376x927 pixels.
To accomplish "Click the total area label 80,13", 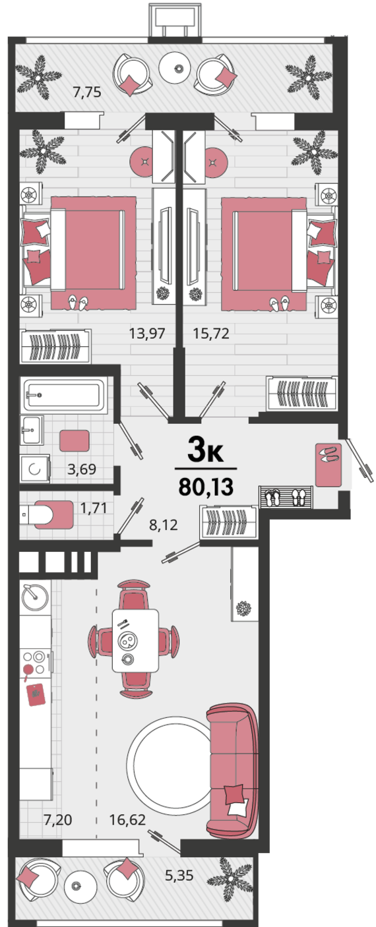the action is point(206,487).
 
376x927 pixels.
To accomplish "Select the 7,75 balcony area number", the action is point(87,92).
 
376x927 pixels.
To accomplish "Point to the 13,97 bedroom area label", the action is point(147,333).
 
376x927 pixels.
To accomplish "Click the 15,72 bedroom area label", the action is point(211,333).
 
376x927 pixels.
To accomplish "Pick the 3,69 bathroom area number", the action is point(82,469).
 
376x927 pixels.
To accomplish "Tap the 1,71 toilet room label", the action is point(94,508).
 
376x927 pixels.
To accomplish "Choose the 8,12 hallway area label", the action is point(163,525).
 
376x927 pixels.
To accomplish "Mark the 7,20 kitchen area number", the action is point(58,819).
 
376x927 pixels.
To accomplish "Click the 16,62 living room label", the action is point(127,819).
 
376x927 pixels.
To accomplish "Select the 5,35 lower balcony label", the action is point(179,876).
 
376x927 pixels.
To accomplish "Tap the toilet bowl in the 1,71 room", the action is point(47,514).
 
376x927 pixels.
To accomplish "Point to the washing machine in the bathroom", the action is point(35,469).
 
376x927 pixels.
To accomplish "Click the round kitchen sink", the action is point(35,597).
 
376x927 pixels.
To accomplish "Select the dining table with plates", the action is point(135,640).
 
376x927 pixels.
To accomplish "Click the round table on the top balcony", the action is point(179,69).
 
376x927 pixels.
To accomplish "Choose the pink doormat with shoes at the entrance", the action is point(329,465).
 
